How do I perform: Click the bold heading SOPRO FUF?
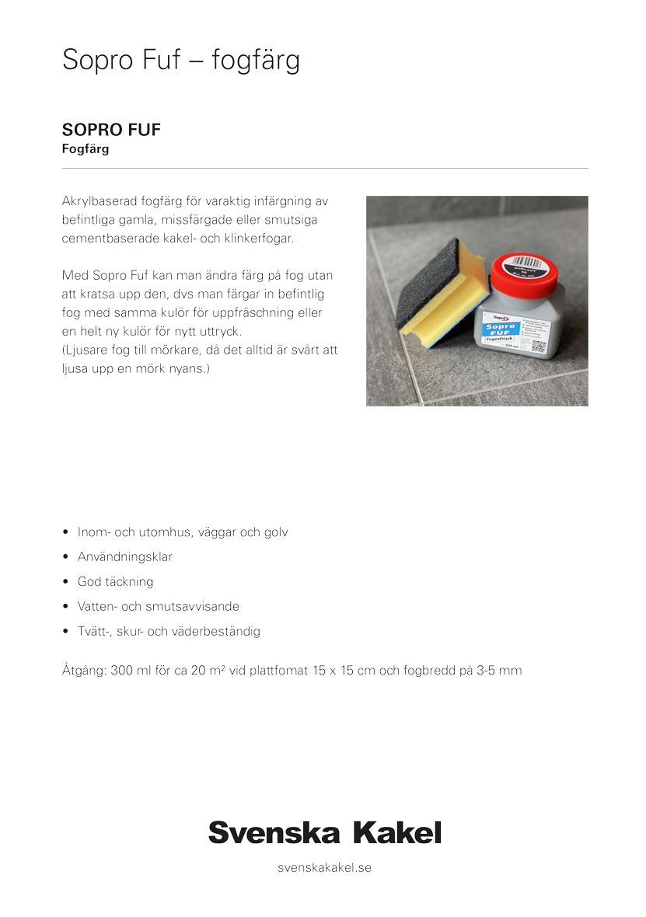[111, 130]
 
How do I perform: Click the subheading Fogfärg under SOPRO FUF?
[86, 149]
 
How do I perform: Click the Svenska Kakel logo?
[324, 832]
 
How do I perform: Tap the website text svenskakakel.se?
[324, 867]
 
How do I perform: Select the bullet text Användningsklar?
[125, 557]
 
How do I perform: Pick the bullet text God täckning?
[115, 582]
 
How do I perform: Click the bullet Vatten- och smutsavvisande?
[158, 606]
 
